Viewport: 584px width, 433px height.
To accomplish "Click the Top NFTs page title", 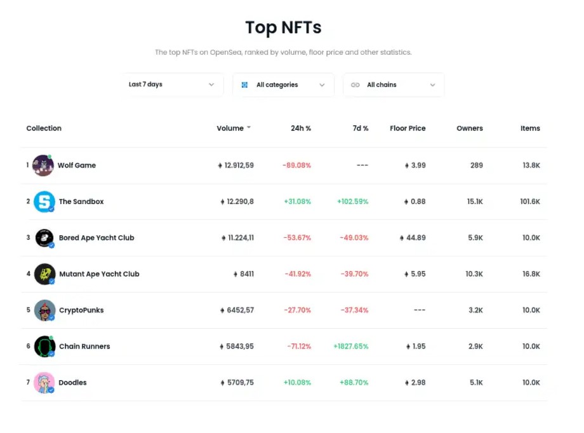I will pyautogui.click(x=283, y=28).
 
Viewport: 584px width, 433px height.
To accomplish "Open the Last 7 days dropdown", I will pyautogui.click(x=172, y=85).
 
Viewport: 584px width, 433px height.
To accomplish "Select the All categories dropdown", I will pyautogui.click(x=283, y=85).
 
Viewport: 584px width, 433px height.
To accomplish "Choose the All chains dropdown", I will pyautogui.click(x=394, y=85).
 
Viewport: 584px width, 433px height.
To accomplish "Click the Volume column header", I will pyautogui.click(x=230, y=128).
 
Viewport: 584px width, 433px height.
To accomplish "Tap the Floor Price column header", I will pyautogui.click(x=408, y=128).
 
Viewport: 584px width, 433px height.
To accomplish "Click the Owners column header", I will pyautogui.click(x=469, y=128).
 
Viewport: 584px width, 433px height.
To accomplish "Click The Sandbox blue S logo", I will pyautogui.click(x=44, y=202).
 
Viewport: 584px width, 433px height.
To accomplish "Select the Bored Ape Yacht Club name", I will pyautogui.click(x=96, y=238).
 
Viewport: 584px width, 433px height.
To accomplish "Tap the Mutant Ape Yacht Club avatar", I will pyautogui.click(x=44, y=274).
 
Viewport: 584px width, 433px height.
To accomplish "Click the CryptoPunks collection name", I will pyautogui.click(x=81, y=310).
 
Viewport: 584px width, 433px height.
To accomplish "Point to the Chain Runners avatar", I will pyautogui.click(x=44, y=347).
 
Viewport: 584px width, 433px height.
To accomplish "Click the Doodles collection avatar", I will pyautogui.click(x=44, y=383).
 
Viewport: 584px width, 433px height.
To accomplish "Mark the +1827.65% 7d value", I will pyautogui.click(x=350, y=347).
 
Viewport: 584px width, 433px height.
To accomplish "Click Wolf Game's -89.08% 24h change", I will pyautogui.click(x=296, y=165).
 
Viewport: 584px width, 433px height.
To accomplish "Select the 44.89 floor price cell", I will pyautogui.click(x=413, y=238).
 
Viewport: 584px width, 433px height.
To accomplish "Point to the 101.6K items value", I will pyautogui.click(x=529, y=202).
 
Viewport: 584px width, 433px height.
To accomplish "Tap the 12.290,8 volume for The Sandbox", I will pyautogui.click(x=237, y=202).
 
